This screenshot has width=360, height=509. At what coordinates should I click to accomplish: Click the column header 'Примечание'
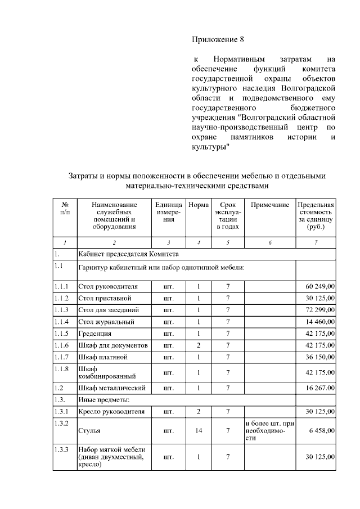click(269, 205)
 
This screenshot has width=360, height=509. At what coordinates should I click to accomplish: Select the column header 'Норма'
click(198, 205)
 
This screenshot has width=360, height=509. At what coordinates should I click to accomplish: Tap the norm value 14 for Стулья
click(198, 430)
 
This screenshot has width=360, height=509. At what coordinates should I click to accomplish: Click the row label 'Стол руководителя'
click(108, 286)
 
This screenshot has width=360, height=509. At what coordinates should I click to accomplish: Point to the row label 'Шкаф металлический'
click(112, 388)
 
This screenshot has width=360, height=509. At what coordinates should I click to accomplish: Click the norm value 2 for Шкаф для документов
click(198, 345)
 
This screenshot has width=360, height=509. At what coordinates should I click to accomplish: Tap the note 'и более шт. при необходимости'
click(269, 430)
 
